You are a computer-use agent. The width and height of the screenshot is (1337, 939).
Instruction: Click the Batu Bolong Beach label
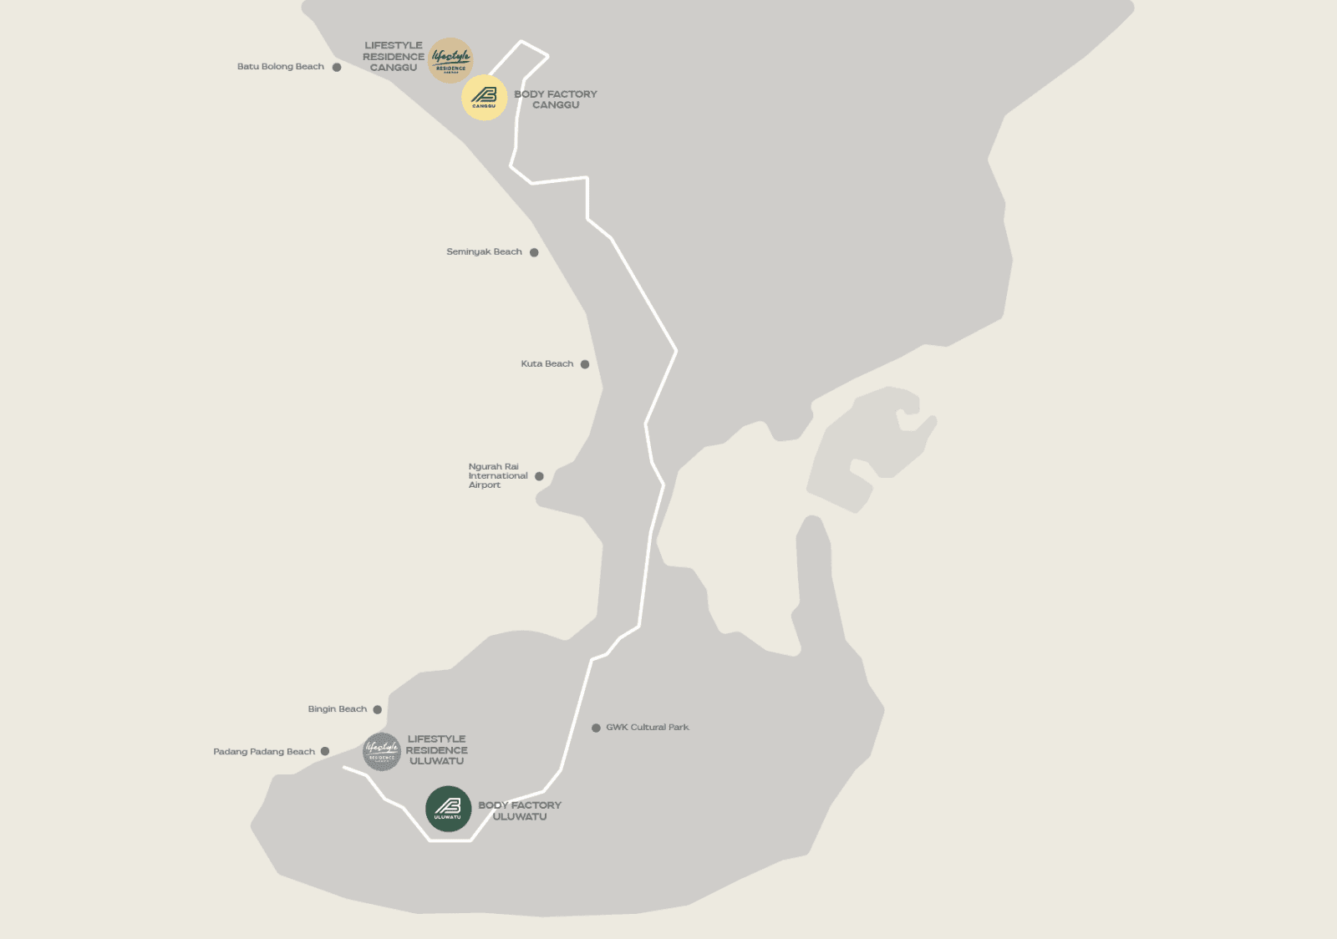280,67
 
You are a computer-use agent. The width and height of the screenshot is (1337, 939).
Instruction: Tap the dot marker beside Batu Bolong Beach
337,67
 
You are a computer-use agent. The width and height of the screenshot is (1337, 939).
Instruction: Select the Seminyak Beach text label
484,251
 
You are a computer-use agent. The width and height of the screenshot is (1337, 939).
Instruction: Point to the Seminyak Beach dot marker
534,252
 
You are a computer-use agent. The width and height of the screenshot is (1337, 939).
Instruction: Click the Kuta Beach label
546,364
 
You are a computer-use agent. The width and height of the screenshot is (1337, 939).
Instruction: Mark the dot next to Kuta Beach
585,364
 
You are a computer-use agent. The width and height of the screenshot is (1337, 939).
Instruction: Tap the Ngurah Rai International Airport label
497,476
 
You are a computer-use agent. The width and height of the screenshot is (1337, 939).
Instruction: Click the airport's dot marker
539,476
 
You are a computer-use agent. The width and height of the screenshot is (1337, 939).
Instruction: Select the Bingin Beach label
337,709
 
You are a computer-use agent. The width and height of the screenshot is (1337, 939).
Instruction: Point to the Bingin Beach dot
378,710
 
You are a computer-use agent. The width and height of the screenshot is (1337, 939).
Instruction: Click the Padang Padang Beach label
264,752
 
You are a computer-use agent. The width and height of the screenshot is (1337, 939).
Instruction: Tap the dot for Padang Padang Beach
325,752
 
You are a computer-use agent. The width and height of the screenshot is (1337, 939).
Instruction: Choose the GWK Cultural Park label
648,728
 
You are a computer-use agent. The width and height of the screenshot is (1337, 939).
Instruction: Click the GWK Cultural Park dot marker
596,728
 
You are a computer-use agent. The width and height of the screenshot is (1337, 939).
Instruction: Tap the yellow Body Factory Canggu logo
485,98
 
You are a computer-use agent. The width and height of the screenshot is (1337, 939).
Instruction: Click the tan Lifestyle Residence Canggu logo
450,60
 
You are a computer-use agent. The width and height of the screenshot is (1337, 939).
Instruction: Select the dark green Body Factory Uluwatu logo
449,809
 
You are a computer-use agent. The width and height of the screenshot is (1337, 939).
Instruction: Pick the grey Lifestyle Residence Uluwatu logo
382,752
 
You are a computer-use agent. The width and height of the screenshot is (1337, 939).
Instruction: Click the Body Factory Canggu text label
556,99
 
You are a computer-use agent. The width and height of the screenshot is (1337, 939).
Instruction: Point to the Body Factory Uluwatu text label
520,811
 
